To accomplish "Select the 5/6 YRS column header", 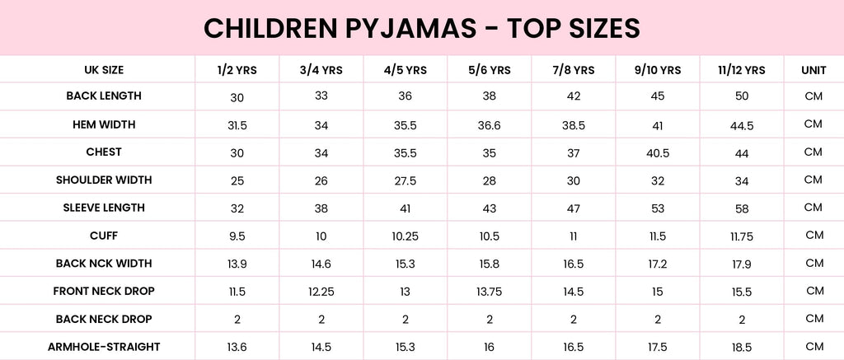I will click(x=490, y=70).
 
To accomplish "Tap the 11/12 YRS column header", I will click(x=742, y=70).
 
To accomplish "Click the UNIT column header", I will click(x=814, y=70).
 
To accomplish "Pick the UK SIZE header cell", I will click(x=104, y=70).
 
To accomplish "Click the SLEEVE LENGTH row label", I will click(x=104, y=208).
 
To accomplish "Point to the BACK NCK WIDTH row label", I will click(x=104, y=264).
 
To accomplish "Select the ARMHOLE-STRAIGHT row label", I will click(x=104, y=347).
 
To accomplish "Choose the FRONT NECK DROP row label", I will click(x=104, y=291).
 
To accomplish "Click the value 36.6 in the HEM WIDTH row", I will click(x=490, y=125).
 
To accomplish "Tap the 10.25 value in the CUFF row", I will click(x=406, y=236).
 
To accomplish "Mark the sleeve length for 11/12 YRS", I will click(x=742, y=208).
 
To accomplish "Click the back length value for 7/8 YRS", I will click(x=574, y=96).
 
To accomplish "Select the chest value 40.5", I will click(x=657, y=152).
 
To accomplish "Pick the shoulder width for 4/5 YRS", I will click(x=406, y=180).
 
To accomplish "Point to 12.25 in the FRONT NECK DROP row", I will click(x=321, y=292).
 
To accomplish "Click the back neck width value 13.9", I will click(x=237, y=264).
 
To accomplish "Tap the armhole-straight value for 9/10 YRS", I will click(x=657, y=348).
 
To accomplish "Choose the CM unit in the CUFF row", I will click(x=814, y=236).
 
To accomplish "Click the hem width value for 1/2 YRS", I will click(x=237, y=125).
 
